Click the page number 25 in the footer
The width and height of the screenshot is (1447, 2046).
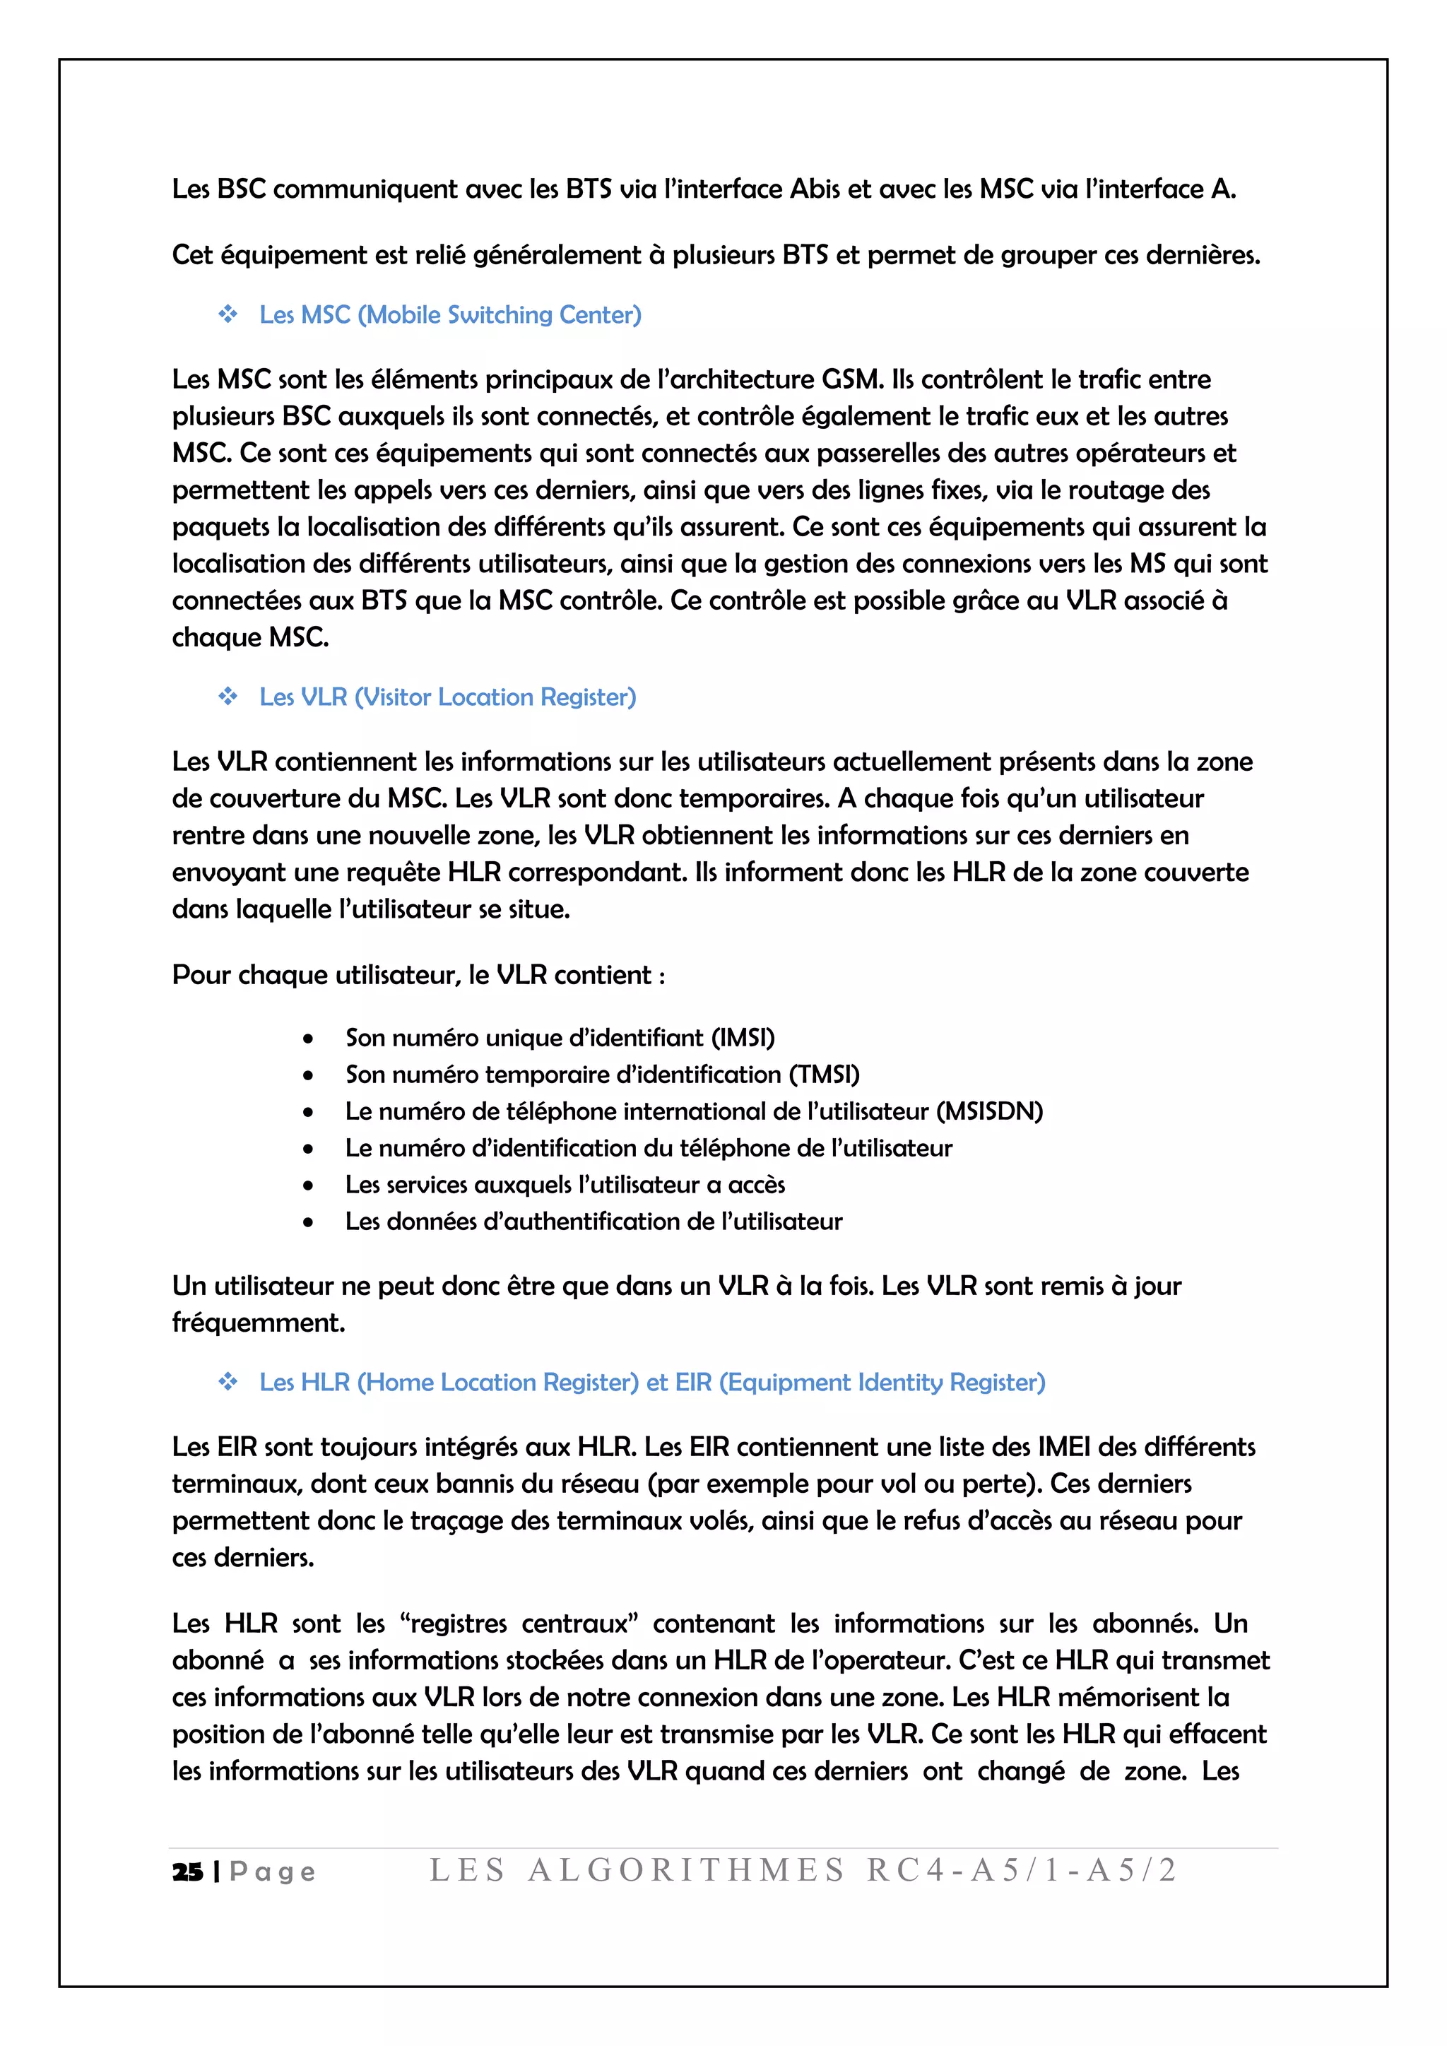(187, 1871)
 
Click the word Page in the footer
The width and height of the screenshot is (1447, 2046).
(273, 1871)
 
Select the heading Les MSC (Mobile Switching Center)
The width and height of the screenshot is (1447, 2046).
(450, 314)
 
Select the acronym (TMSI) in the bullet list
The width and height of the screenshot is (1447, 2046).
(825, 1075)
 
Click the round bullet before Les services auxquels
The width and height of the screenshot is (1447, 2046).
(308, 1186)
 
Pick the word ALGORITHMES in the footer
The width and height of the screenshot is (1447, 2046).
(685, 1869)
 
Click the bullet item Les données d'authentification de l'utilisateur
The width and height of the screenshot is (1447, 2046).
(593, 1221)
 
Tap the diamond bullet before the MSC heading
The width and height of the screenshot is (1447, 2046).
(228, 314)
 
